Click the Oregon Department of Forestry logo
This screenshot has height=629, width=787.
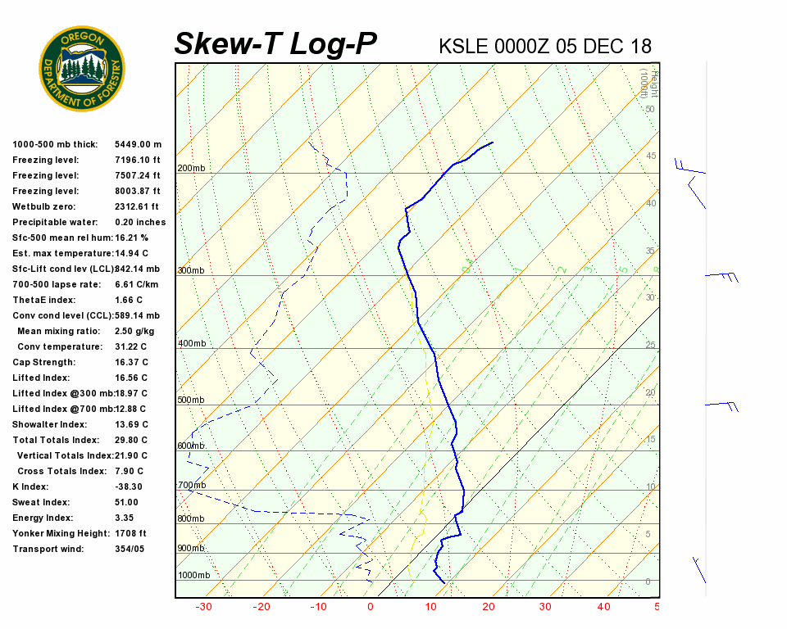click(x=82, y=68)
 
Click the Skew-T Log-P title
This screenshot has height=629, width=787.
click(x=276, y=44)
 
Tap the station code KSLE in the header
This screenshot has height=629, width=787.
click(x=464, y=46)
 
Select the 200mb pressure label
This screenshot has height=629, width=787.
click(x=191, y=169)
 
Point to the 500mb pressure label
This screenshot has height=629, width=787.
click(x=191, y=400)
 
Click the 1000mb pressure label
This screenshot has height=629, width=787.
click(x=193, y=575)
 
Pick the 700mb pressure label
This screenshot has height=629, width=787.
click(x=191, y=486)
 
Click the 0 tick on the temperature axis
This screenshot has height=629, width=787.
click(x=371, y=607)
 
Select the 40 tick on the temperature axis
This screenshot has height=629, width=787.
click(x=603, y=607)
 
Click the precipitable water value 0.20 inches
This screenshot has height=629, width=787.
click(x=140, y=222)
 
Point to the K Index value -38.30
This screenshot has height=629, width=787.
click(x=130, y=486)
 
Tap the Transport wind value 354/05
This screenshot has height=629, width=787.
click(x=130, y=549)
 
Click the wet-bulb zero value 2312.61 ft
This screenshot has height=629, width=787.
click(x=136, y=206)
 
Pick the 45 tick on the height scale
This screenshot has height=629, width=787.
click(x=650, y=156)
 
